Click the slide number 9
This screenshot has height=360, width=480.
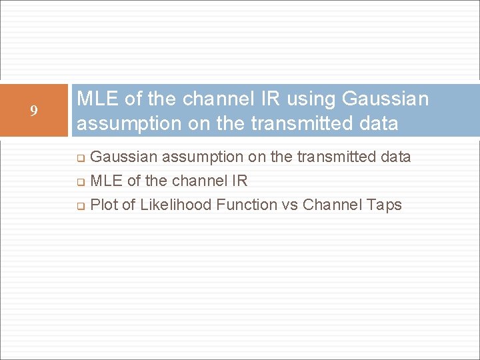(33, 111)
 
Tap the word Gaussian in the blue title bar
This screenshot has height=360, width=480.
(385, 99)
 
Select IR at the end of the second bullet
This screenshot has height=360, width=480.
(239, 181)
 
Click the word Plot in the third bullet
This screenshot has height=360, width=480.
(103, 205)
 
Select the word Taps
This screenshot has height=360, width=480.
(385, 205)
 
